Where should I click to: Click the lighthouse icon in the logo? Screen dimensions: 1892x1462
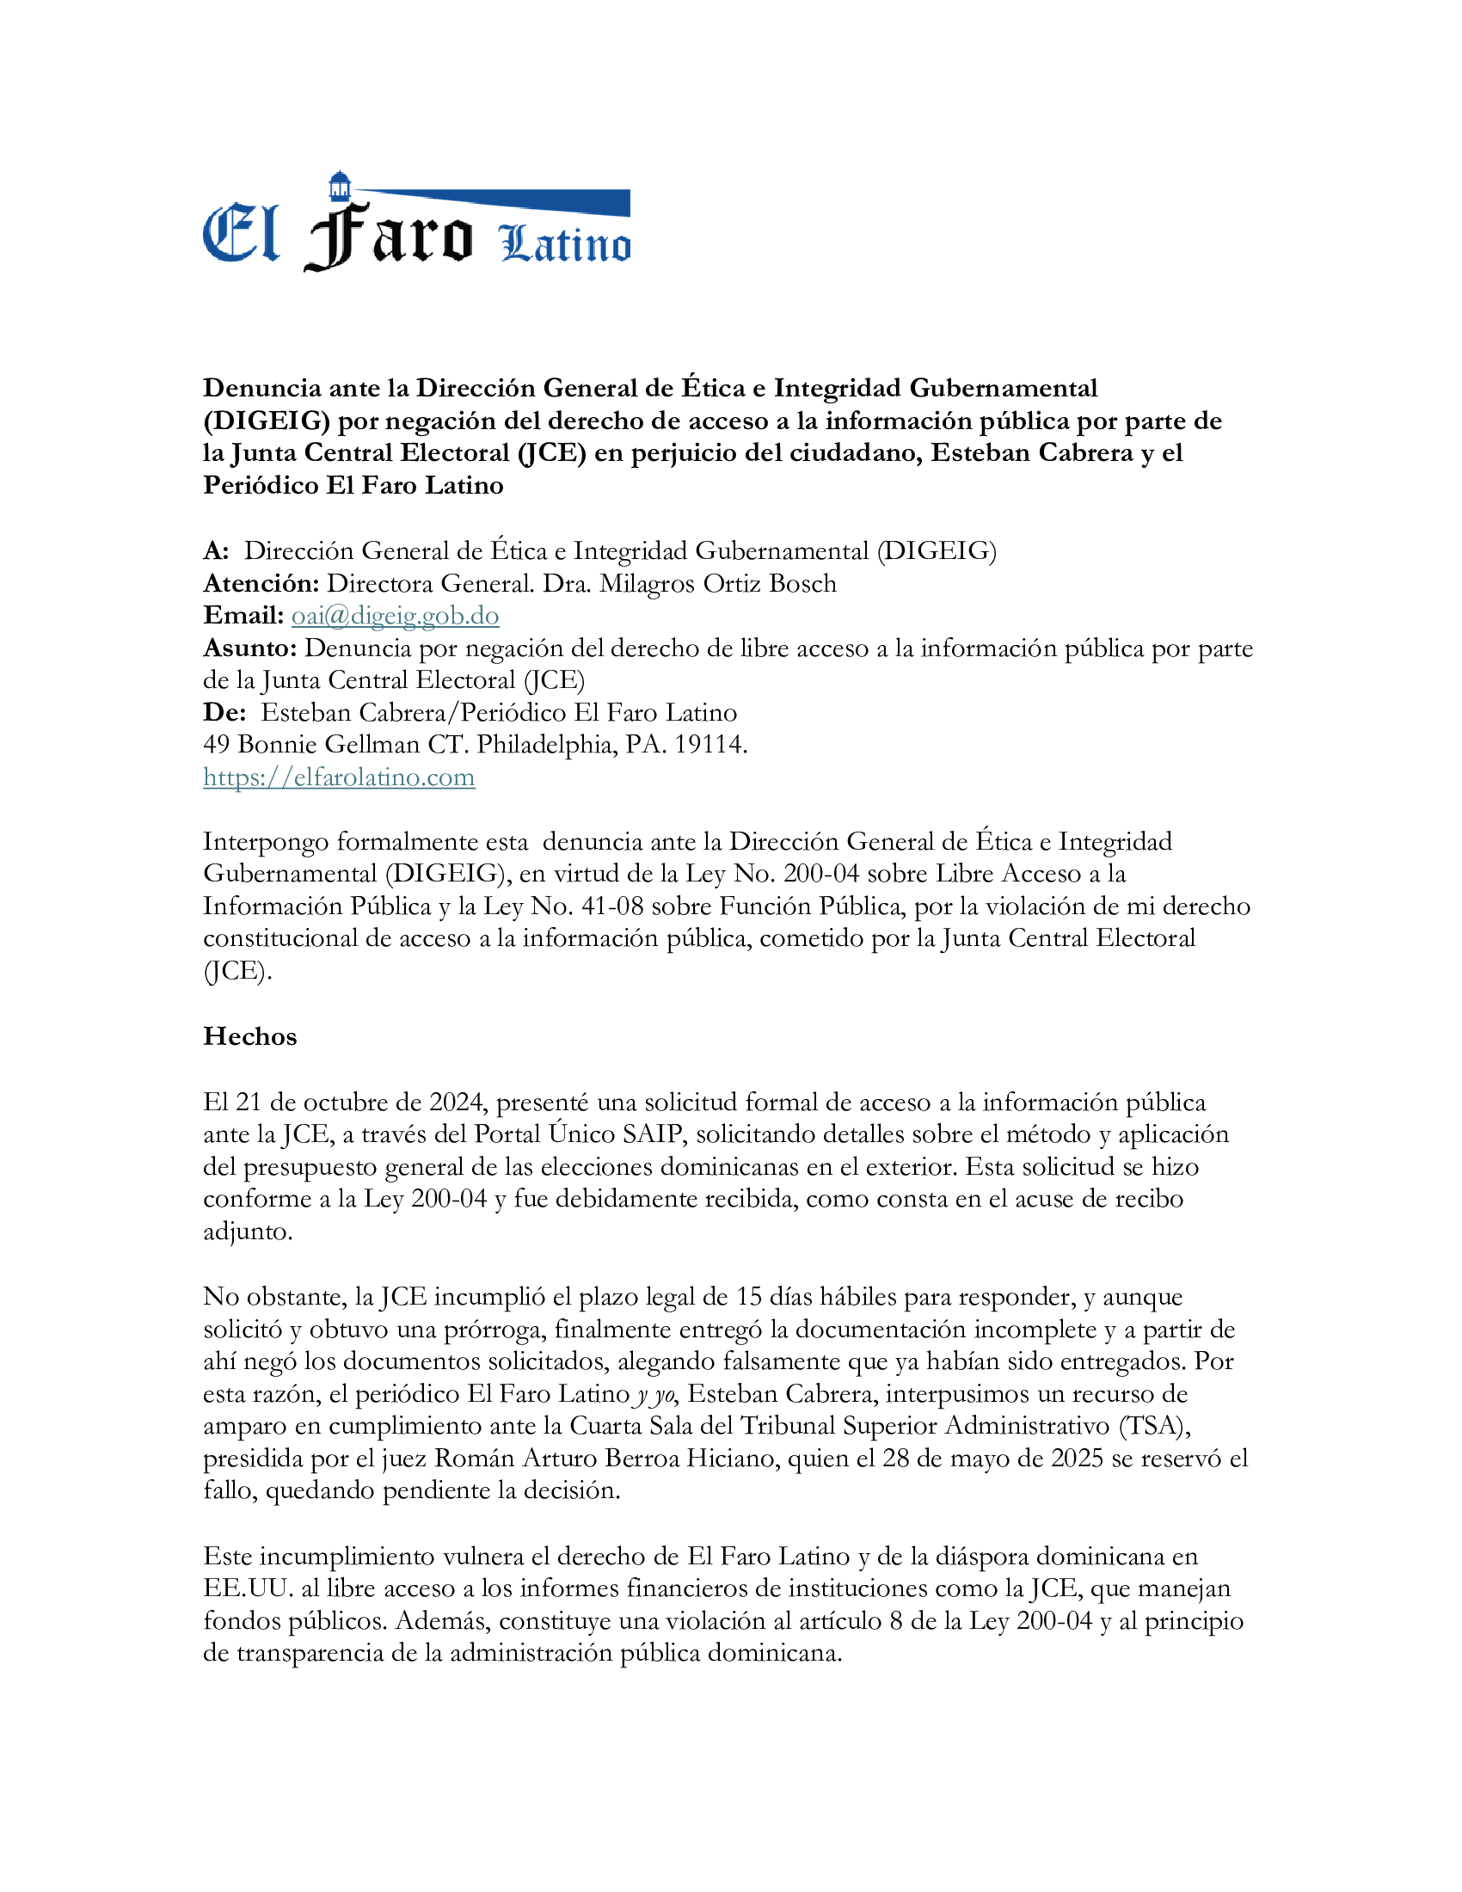point(340,186)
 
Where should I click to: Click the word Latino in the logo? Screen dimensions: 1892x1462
point(565,244)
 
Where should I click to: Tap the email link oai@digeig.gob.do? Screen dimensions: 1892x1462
point(395,615)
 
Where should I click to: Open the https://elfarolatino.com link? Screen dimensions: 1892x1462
point(339,777)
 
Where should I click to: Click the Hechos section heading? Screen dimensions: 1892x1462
point(249,1036)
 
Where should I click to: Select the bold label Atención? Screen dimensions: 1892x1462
point(261,583)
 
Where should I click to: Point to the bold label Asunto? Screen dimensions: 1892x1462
point(250,648)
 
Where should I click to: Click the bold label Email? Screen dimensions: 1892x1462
point(243,615)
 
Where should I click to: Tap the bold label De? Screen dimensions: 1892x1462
point(224,712)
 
